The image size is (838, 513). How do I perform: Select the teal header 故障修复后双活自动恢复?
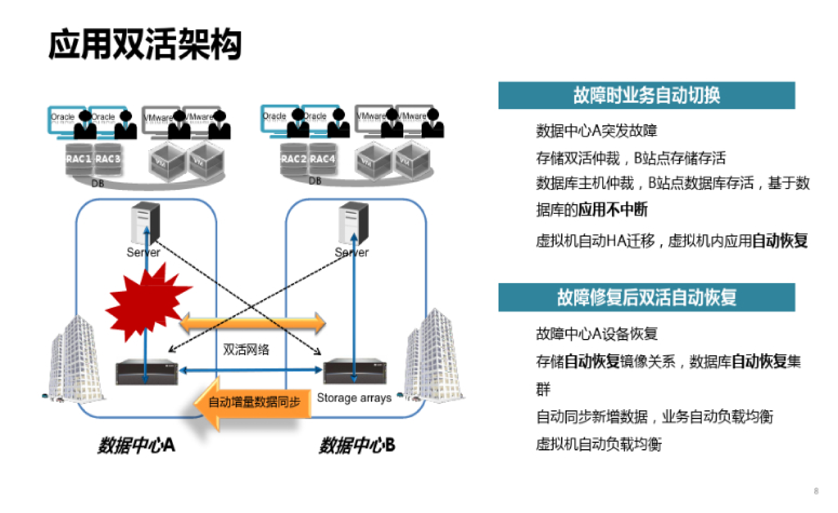point(646,297)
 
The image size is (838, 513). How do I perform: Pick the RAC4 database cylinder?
point(322,159)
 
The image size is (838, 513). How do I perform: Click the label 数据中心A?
point(136,445)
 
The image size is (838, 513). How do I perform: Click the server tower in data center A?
point(146,223)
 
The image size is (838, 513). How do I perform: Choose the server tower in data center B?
point(353,223)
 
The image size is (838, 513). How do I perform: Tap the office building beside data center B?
point(434,357)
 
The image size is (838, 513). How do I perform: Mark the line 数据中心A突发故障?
point(596,131)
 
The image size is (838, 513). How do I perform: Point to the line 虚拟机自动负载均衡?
point(598,444)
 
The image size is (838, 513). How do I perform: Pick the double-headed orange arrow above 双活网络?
point(252,323)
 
